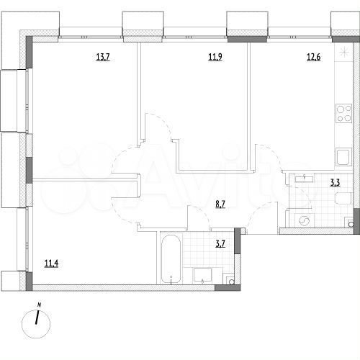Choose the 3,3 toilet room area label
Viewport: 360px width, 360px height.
tap(335, 183)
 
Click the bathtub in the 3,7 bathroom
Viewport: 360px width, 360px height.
tap(171, 260)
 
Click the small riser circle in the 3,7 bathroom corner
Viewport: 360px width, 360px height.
tap(229, 280)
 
